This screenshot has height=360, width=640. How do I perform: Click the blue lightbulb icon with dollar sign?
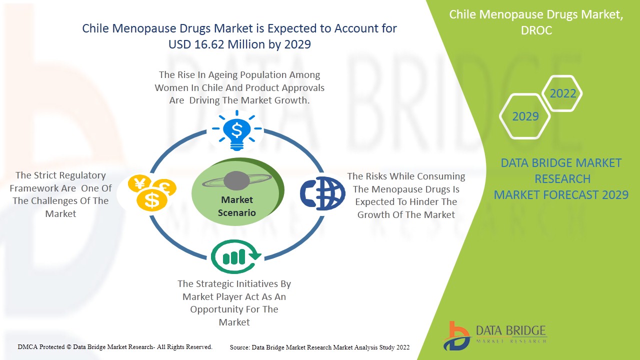point(237,130)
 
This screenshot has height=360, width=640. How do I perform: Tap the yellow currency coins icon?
point(152,192)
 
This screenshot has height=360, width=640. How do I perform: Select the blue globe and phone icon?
point(322,193)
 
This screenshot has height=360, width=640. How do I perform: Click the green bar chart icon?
point(235,256)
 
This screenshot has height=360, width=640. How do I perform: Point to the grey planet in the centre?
point(236,181)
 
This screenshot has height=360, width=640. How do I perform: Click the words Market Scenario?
point(237,206)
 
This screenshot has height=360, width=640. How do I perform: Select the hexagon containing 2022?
point(562,93)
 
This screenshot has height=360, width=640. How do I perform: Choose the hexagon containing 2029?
point(525,116)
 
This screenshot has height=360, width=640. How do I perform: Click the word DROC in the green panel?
point(536,30)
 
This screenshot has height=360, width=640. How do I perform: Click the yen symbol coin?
point(139,183)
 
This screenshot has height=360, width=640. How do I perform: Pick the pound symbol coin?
point(165,187)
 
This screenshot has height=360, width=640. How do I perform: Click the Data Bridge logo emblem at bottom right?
point(456,336)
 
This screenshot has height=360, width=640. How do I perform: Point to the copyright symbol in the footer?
point(68,347)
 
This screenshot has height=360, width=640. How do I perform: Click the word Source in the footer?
point(240,347)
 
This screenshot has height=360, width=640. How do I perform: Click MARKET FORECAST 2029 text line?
point(561,195)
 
